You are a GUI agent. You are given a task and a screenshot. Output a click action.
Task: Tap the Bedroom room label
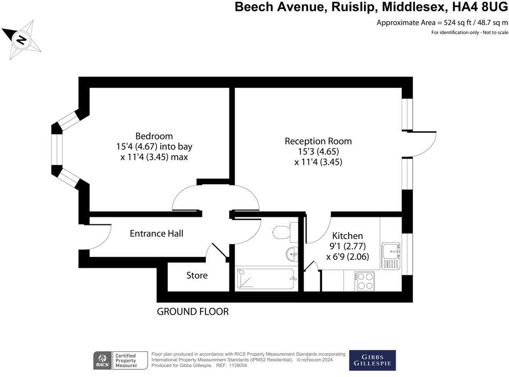154,136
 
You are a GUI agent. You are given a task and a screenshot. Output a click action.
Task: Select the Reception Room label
318,141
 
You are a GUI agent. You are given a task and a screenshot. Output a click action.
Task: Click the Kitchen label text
348,236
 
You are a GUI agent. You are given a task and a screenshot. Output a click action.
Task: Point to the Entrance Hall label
157,233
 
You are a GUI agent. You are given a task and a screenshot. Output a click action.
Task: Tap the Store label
197,276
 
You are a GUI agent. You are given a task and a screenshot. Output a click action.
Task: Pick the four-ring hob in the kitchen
365,281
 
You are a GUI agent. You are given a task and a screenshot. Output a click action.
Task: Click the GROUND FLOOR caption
192,312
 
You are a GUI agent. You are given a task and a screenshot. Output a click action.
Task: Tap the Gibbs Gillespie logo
372,360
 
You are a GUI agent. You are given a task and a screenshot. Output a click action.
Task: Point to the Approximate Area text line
442,22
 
